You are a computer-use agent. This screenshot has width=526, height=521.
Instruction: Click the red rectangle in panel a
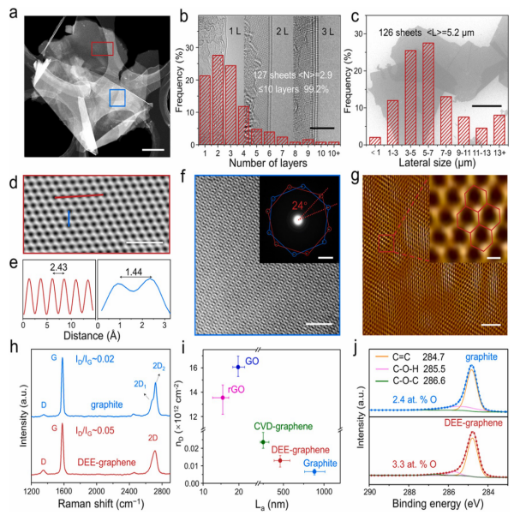coord(102,49)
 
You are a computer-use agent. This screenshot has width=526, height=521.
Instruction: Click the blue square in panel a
coord(119,99)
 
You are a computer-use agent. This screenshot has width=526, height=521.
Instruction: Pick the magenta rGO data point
coord(223,398)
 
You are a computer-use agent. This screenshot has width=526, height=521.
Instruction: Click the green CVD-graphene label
coord(279,425)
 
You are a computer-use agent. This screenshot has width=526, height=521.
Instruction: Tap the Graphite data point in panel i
coord(315,471)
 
